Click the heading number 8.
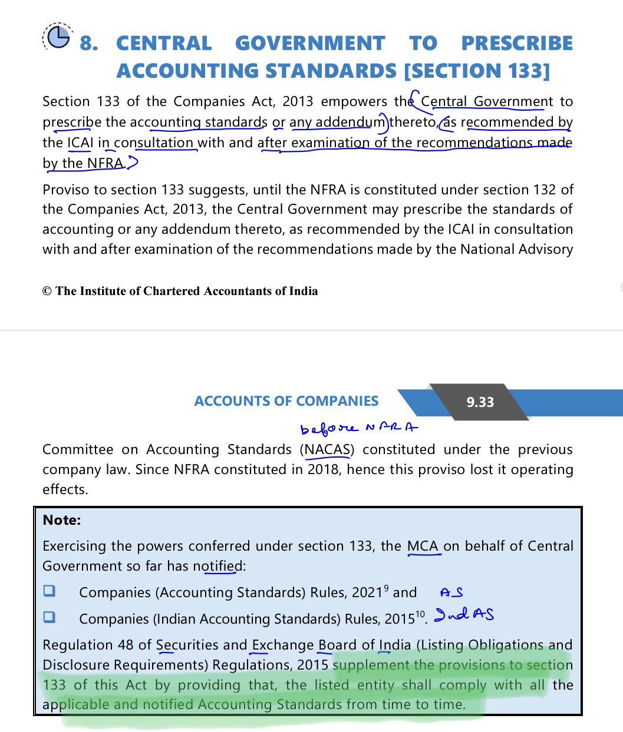[89, 44]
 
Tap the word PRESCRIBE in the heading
[516, 44]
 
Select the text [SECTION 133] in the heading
[477, 71]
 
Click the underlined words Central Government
[487, 102]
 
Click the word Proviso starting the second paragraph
[64, 190]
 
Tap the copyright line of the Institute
[180, 291]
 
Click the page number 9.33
[480, 402]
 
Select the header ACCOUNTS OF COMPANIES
[286, 401]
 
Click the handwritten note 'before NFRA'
[359, 428]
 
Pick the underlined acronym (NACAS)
[328, 450]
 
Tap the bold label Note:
[62, 520]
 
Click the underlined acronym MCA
[423, 546]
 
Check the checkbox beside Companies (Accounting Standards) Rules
[50, 591]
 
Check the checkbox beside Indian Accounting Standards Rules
[50, 617]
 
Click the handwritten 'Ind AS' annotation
[464, 615]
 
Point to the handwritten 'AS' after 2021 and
[451, 592]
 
